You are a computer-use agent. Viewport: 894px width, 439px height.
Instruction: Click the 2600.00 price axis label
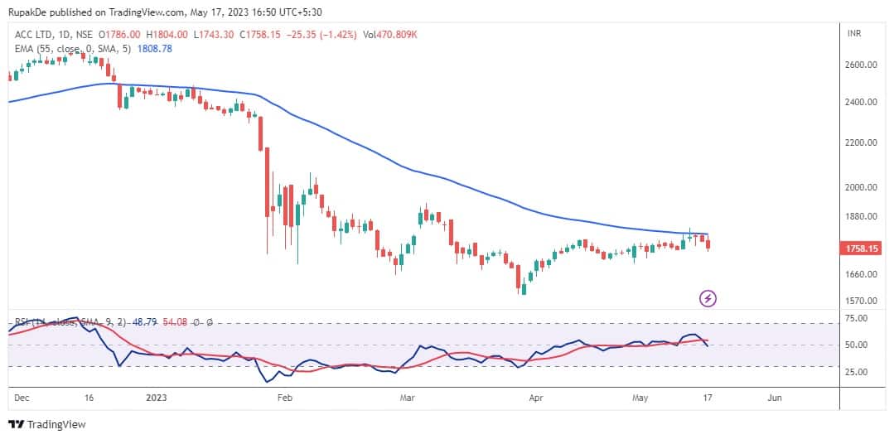[x=860, y=65]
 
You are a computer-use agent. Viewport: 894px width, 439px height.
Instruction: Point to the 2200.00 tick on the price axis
[x=860, y=143]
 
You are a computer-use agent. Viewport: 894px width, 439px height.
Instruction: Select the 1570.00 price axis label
[x=860, y=302]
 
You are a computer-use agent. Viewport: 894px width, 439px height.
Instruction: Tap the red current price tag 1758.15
[x=862, y=247]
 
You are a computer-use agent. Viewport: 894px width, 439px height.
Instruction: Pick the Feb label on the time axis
[x=284, y=398]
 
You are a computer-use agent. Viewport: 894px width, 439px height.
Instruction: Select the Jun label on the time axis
[x=774, y=398]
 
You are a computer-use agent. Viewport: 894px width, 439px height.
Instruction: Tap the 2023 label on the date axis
[x=157, y=398]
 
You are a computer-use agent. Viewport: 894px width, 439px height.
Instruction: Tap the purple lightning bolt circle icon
[x=708, y=297]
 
